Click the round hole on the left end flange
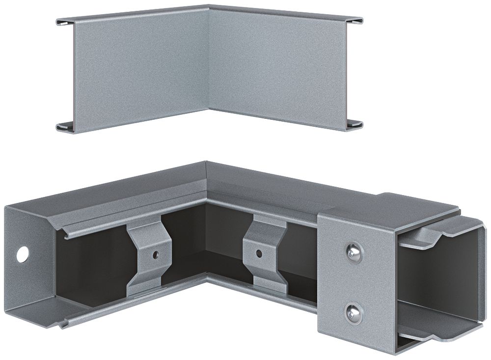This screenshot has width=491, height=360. (x=22, y=254)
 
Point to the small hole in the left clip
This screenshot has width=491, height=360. (x=155, y=255)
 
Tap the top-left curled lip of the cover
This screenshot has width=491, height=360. (x=66, y=22)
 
